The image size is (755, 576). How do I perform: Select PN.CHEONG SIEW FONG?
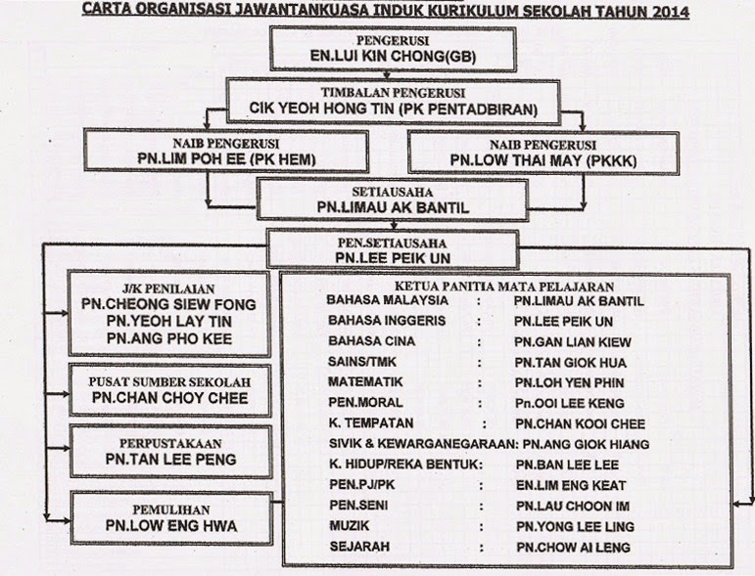168,304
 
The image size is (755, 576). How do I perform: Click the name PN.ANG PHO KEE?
168,337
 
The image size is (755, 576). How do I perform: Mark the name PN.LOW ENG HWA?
168,526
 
